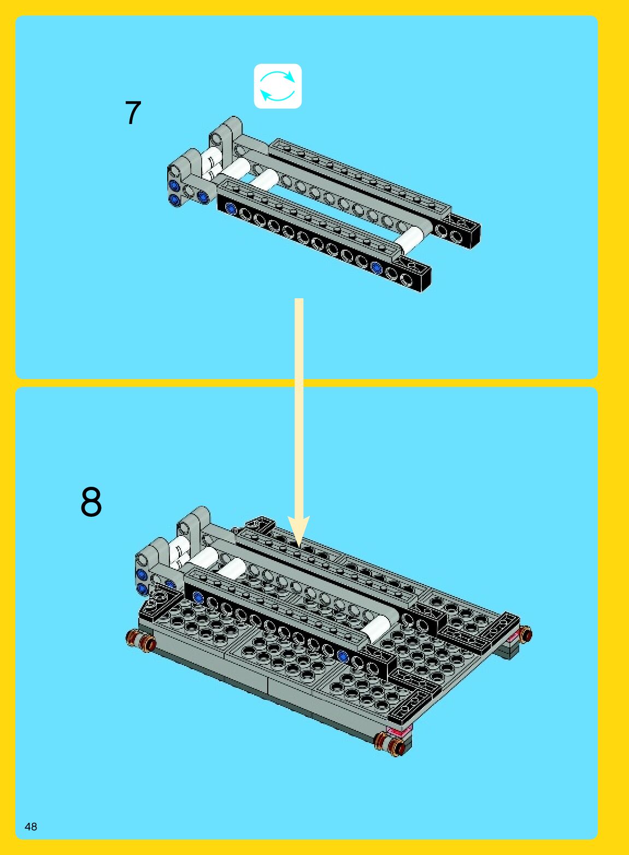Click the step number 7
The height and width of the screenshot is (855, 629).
point(133,113)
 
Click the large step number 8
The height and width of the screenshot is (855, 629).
point(91,502)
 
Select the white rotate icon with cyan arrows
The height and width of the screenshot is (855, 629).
point(278,86)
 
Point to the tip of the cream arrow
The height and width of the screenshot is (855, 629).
point(298,547)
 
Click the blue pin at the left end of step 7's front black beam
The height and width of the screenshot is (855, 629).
point(231,208)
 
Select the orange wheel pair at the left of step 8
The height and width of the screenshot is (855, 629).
point(140,641)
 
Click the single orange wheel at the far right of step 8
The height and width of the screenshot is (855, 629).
point(526,634)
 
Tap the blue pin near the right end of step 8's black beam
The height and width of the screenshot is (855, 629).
point(343,656)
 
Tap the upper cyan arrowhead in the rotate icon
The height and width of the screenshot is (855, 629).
point(289,76)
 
